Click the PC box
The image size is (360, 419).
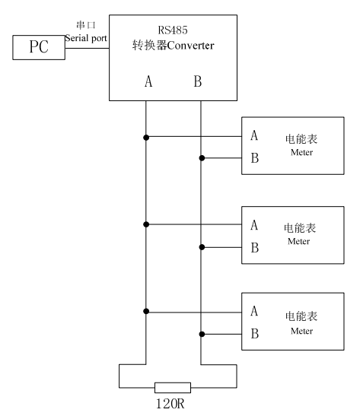[39, 47]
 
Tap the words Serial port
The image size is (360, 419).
[86, 38]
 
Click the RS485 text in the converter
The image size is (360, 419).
[173, 30]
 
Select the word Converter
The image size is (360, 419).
[190, 46]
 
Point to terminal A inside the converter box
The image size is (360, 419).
[148, 81]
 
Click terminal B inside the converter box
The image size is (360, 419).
[198, 81]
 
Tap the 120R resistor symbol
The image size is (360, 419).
[173, 388]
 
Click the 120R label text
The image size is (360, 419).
[170, 404]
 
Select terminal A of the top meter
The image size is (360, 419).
[254, 135]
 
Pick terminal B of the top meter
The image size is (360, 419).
[255, 157]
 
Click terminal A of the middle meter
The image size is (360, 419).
[254, 225]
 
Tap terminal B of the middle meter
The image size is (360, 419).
[255, 247]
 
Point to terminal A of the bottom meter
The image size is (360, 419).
[254, 311]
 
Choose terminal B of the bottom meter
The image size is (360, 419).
[255, 334]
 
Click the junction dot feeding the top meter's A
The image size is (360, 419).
[146, 138]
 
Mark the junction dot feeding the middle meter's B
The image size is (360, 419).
[202, 247]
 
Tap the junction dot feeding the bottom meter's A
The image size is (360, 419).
[146, 311]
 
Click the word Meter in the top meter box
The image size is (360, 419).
[301, 152]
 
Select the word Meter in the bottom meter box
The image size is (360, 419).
[301, 331]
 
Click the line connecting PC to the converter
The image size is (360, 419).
[87, 49]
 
